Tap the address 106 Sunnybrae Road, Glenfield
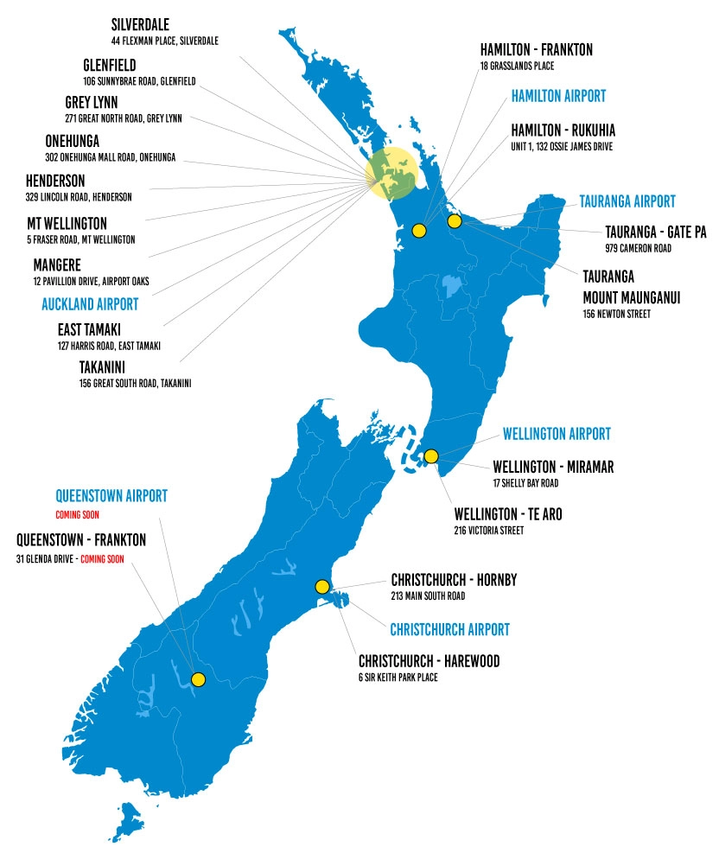pos(139,81)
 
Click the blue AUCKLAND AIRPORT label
pos(90,304)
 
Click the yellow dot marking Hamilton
pos(419,230)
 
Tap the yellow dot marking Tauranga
pos(455,221)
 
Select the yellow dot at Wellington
pos(431,456)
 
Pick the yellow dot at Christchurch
pos(322,587)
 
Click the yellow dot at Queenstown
pos(198,679)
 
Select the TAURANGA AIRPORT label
pos(627,201)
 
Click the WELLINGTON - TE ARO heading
pos(508,514)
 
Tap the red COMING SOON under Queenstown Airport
pos(78,514)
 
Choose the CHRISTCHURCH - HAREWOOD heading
pos(429,662)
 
